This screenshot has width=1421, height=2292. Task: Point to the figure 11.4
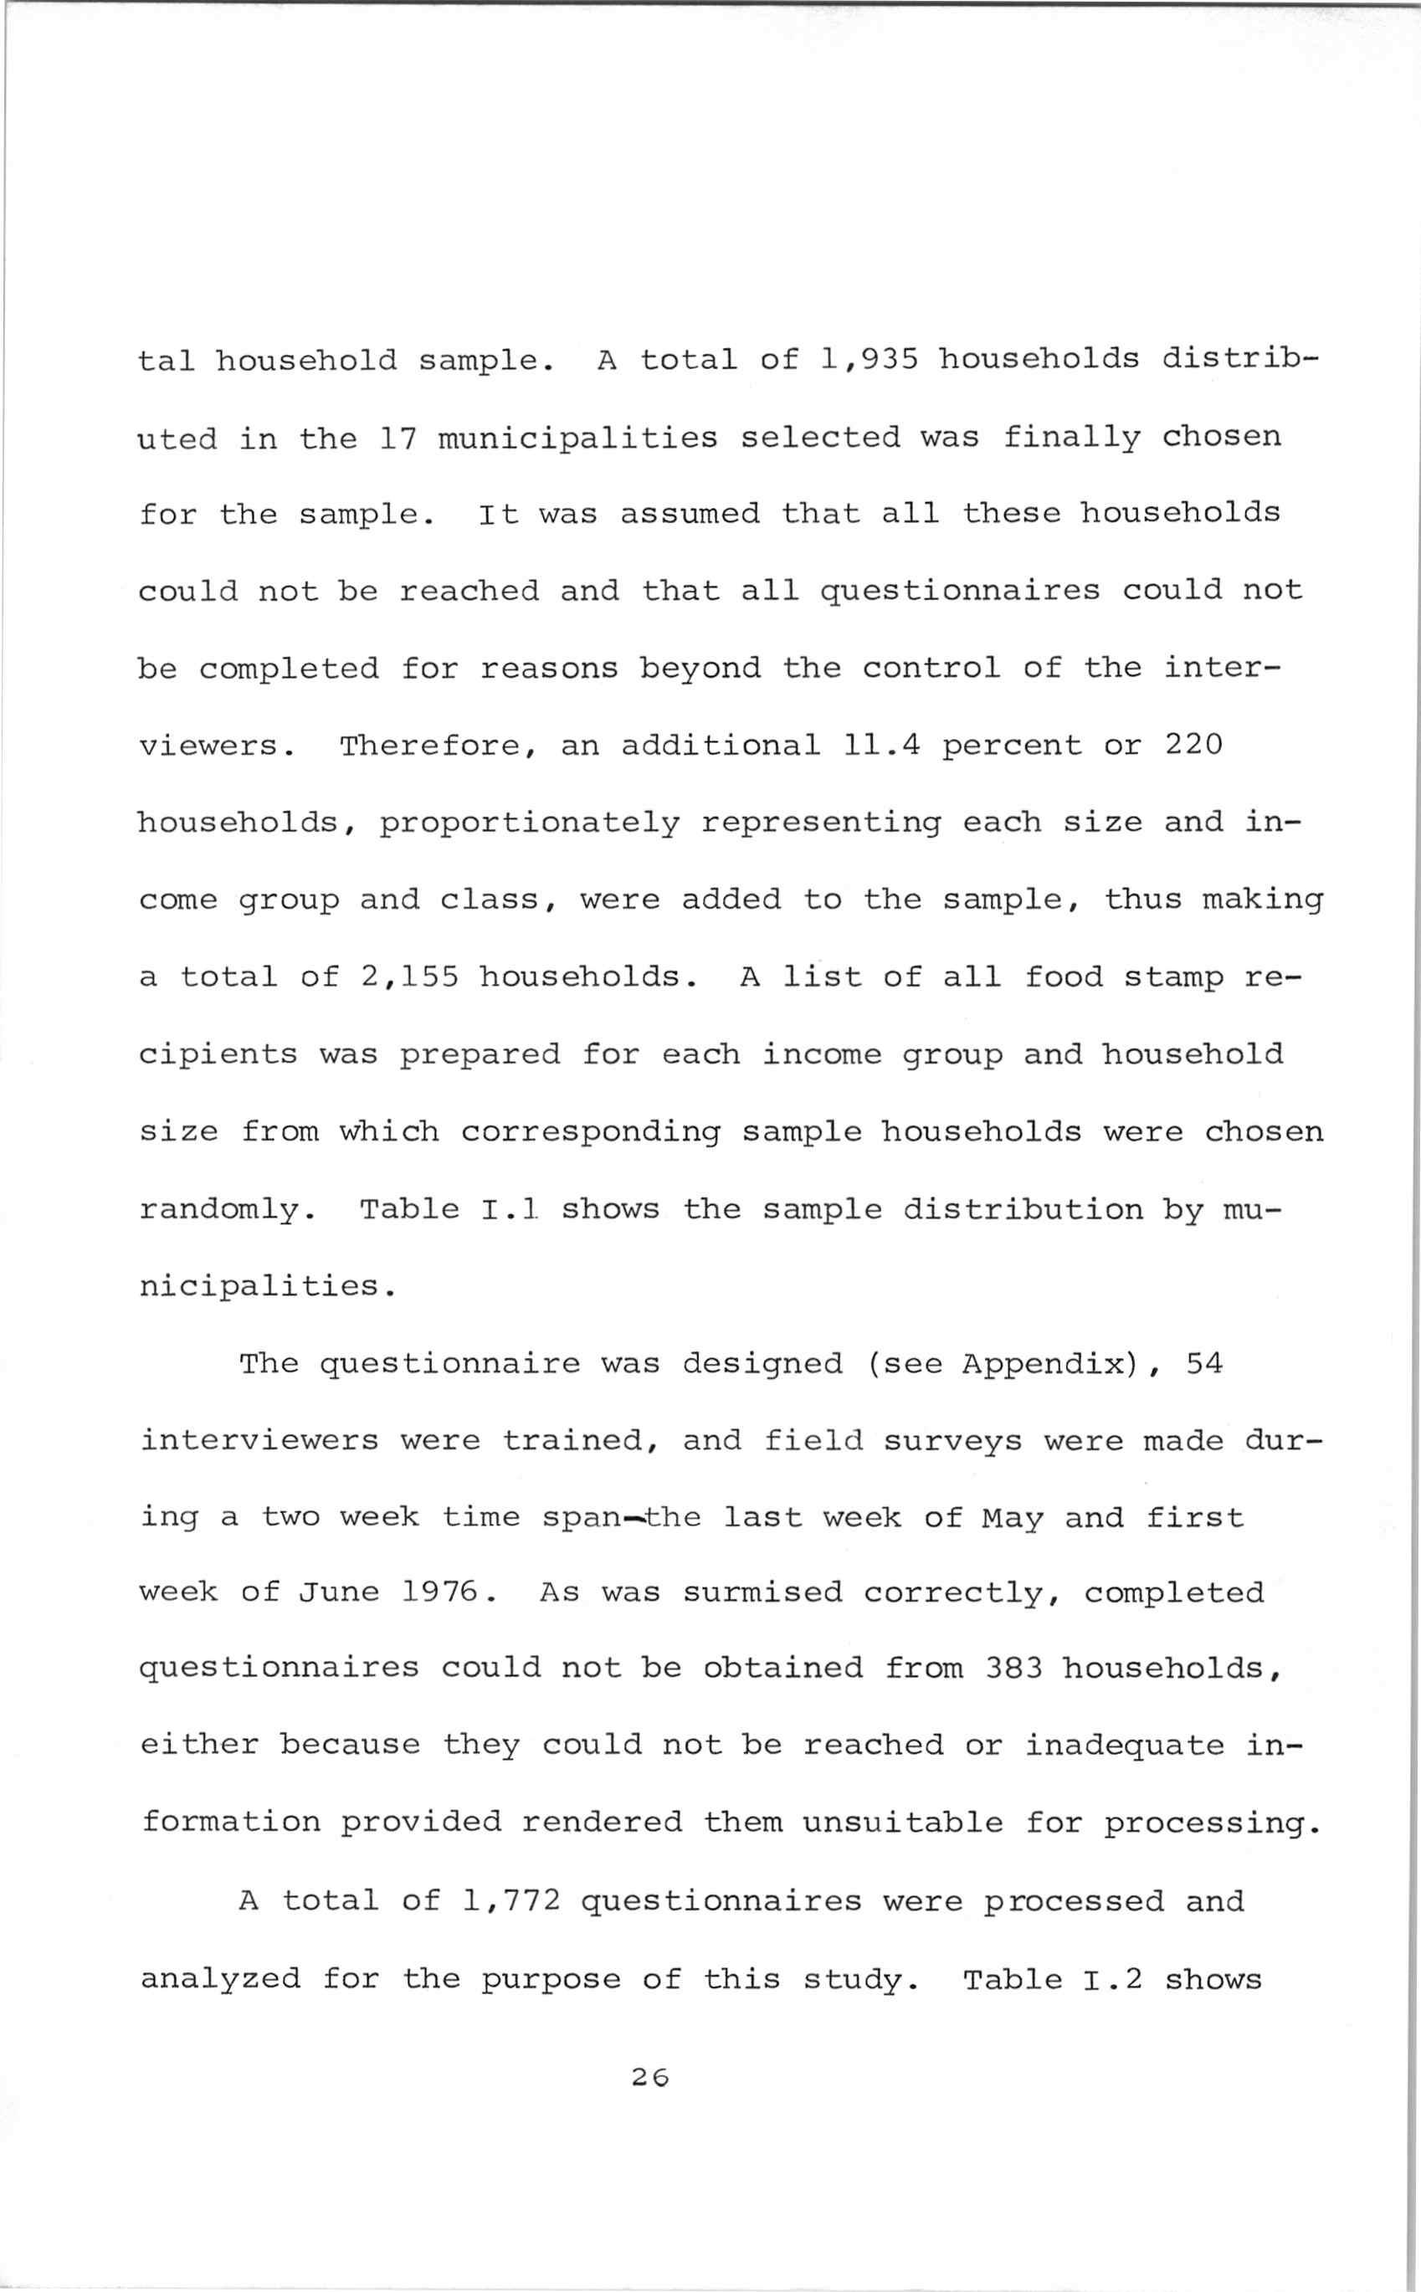[x=880, y=746]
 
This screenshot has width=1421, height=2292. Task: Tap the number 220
[x=1193, y=746]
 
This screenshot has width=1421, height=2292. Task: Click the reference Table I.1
[x=446, y=1208]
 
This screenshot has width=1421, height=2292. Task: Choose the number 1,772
[x=511, y=1901]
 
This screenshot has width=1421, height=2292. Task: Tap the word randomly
[x=227, y=1209]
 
